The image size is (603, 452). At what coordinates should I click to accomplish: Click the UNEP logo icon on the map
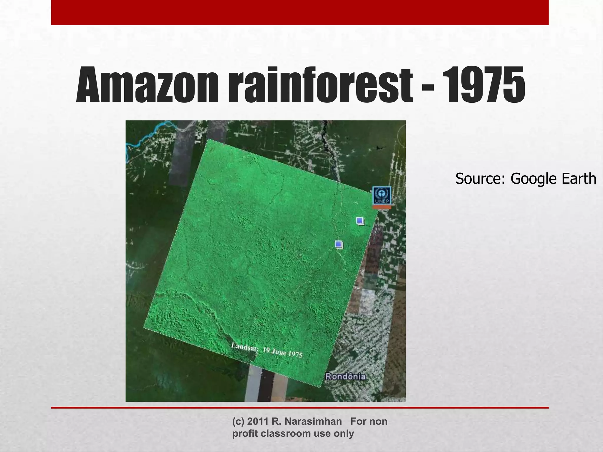click(382, 195)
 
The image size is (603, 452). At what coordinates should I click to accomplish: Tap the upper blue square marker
click(360, 220)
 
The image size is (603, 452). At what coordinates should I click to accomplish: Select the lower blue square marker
click(338, 244)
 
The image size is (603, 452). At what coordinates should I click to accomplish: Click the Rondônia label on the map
click(346, 377)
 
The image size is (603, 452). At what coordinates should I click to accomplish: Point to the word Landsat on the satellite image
click(245, 347)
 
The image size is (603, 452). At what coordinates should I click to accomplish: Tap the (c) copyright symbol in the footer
click(238, 421)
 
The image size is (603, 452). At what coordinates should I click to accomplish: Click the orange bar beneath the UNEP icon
click(382, 207)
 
